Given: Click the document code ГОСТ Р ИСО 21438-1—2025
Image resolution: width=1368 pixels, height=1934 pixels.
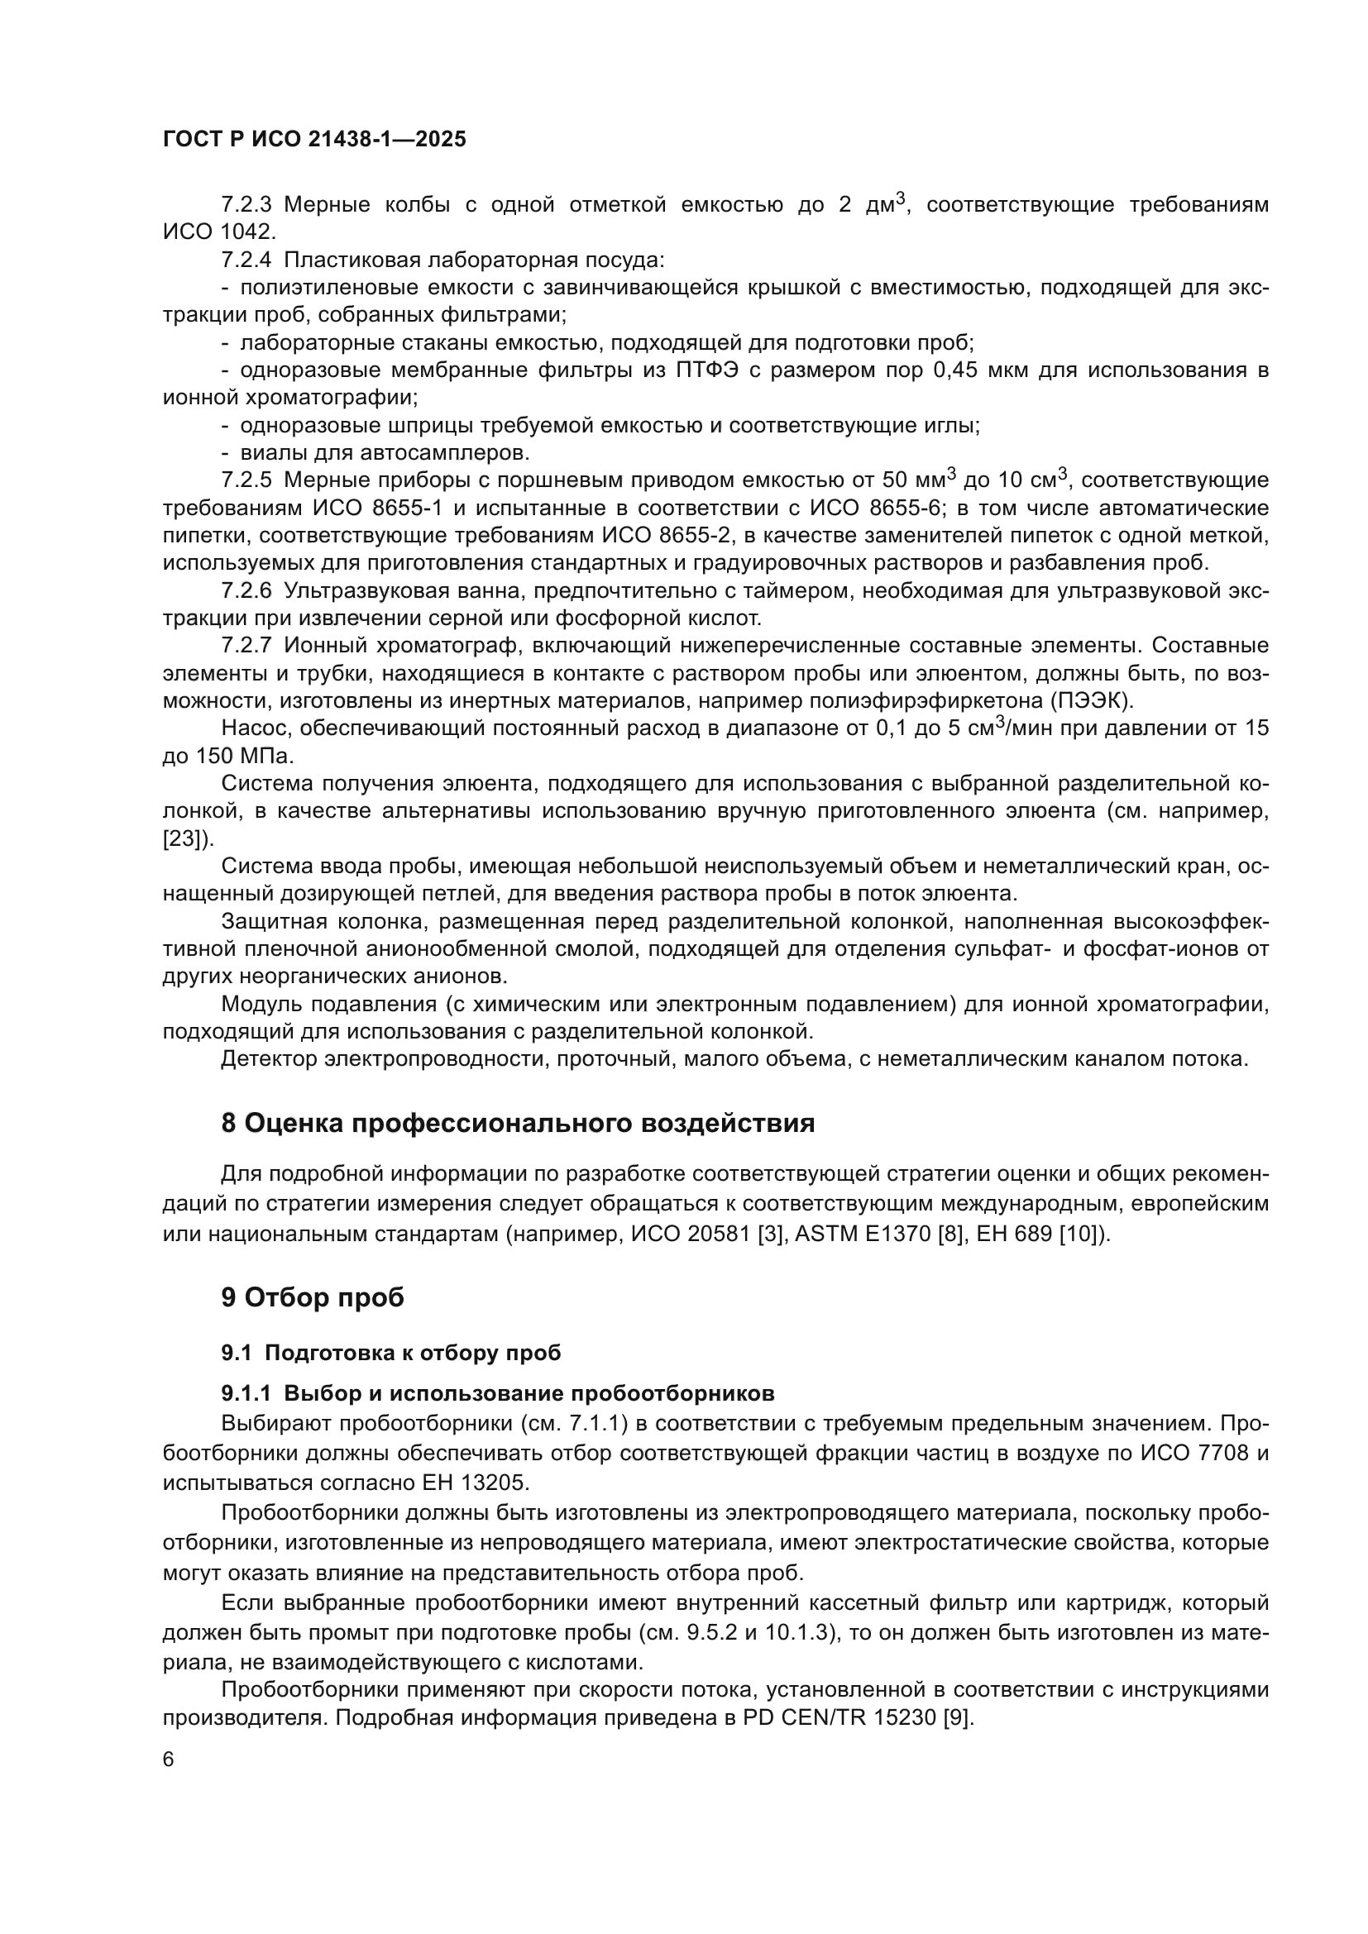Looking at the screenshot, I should point(314,140).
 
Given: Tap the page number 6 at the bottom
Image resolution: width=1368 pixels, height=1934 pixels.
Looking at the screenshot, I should point(169,1760).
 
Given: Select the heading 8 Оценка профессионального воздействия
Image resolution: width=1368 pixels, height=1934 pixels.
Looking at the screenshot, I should point(517,1123).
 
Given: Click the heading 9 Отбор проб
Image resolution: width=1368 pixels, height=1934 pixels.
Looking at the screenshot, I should point(313,1297).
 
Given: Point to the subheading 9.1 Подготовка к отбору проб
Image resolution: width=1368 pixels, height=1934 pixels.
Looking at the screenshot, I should point(391,1353).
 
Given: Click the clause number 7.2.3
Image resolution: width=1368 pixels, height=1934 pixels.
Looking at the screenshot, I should point(246,205).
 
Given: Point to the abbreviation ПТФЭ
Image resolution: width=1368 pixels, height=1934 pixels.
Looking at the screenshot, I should point(706,370).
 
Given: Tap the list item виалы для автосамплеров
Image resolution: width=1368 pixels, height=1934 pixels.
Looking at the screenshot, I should point(384,453).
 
